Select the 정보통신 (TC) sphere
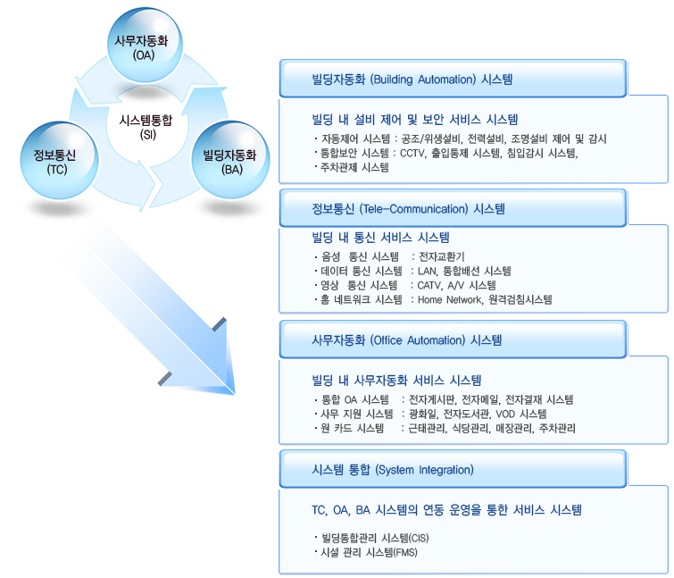(48, 161)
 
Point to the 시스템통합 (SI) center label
(146, 126)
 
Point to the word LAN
(428, 271)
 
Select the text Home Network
(449, 299)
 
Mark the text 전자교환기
(441, 257)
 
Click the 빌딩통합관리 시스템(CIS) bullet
(377, 538)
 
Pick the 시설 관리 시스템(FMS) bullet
(370, 552)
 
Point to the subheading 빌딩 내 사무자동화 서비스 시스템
(397, 380)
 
